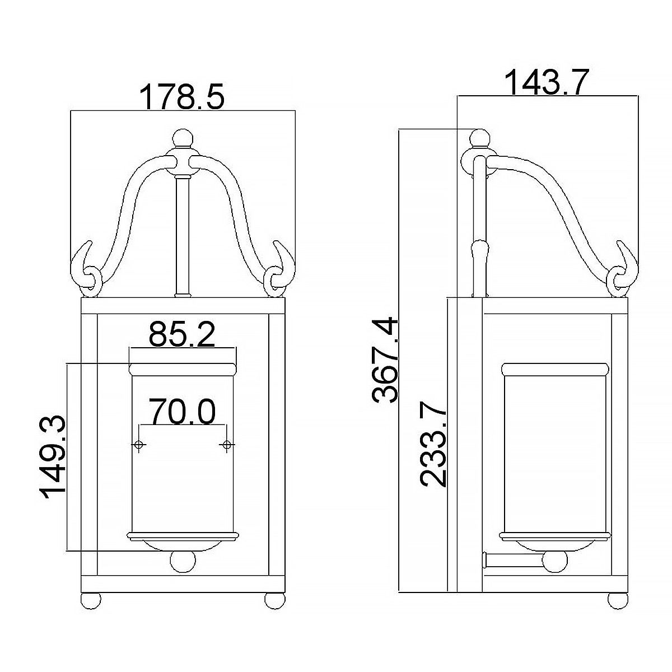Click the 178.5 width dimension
(x=182, y=96)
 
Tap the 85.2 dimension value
(x=182, y=335)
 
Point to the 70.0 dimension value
(x=183, y=413)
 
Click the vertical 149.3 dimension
(x=53, y=455)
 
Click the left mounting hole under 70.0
(x=138, y=445)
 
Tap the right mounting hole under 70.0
(x=227, y=445)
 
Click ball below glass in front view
(x=183, y=562)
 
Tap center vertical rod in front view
(x=182, y=235)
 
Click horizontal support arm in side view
(x=512, y=560)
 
